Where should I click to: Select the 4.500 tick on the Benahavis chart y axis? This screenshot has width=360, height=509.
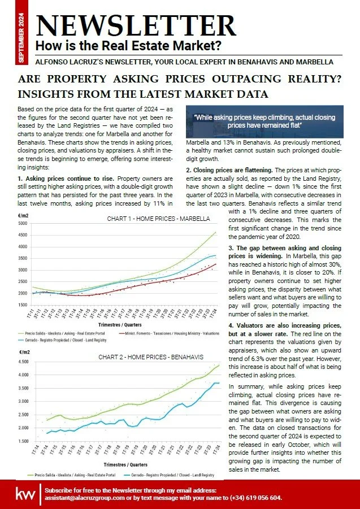coord(22,362)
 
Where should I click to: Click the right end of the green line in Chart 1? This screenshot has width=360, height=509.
coord(216,232)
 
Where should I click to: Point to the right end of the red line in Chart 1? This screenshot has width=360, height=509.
coord(216,264)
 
